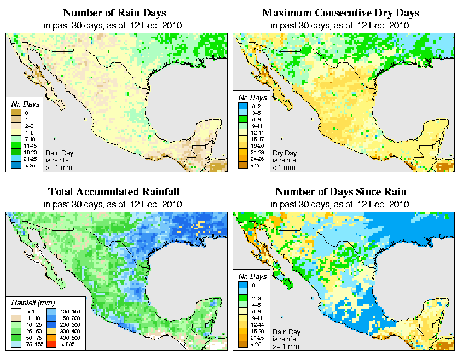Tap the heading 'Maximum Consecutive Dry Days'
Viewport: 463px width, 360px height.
point(340,13)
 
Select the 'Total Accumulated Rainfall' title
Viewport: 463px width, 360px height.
point(113,191)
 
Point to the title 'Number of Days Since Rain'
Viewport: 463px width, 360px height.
point(340,191)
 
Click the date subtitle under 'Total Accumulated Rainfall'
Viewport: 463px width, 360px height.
point(113,204)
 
